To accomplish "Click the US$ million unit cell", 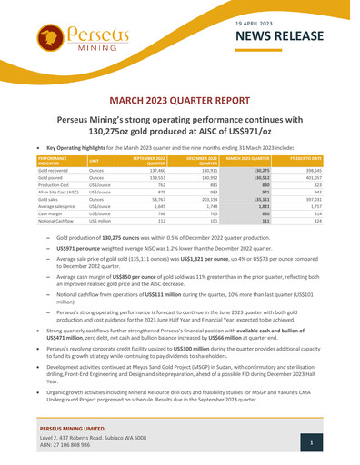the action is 101,222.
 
